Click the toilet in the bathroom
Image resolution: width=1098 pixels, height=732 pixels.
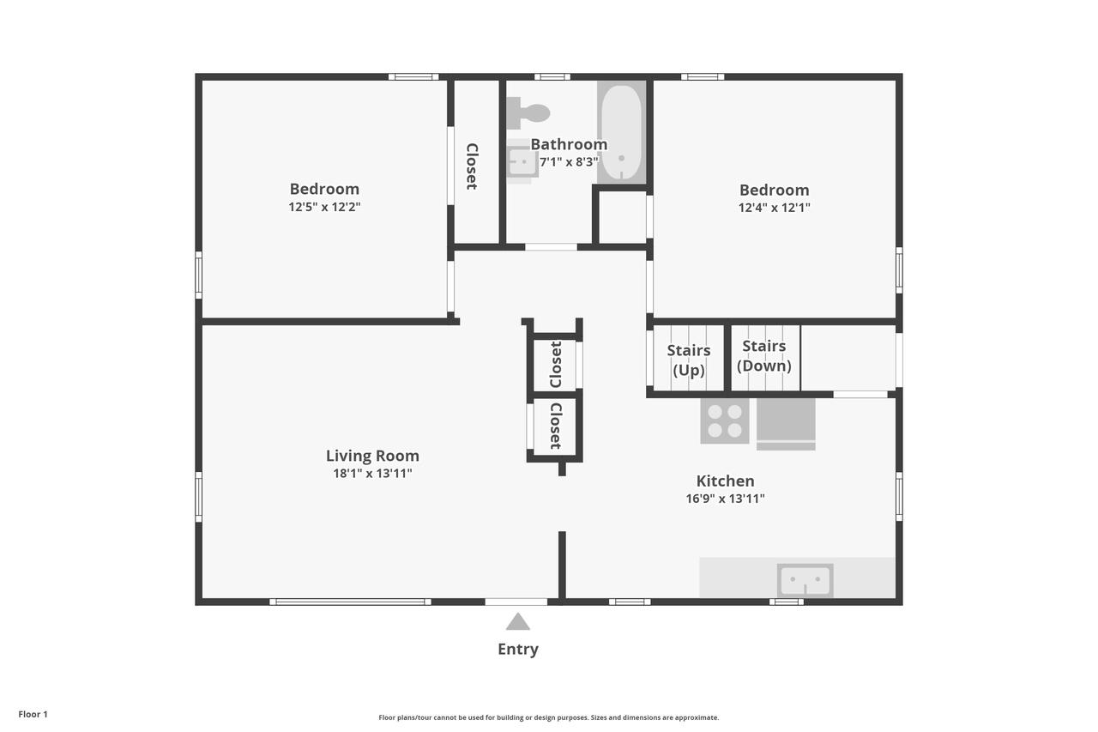click(528, 112)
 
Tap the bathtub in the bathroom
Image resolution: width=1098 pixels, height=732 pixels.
click(621, 131)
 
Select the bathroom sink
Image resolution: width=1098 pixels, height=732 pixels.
click(521, 161)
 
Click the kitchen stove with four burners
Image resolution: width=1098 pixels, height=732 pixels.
click(725, 420)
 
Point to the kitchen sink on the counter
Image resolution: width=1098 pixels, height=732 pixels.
click(805, 581)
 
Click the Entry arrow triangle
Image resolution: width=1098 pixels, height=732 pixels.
click(517, 622)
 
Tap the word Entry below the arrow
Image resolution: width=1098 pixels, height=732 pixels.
click(518, 650)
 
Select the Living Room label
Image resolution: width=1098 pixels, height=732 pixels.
click(372, 456)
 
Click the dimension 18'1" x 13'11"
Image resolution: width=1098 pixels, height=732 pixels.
click(372, 474)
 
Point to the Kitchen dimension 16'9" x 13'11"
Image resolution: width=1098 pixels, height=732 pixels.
click(725, 499)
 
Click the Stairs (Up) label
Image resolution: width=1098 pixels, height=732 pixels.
click(689, 360)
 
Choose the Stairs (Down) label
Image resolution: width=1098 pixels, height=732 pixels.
click(763, 355)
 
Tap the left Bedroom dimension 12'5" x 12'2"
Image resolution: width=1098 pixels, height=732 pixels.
click(324, 207)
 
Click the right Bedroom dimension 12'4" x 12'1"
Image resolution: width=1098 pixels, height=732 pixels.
click(774, 208)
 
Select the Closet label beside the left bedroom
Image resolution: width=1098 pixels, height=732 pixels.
click(472, 166)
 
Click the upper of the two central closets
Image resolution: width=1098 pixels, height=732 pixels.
click(555, 365)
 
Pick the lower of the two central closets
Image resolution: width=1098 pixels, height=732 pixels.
click(555, 426)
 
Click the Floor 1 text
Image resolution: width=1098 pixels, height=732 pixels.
click(33, 714)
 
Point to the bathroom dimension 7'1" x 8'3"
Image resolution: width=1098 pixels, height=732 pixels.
click(568, 161)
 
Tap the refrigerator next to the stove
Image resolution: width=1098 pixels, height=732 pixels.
click(786, 422)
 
